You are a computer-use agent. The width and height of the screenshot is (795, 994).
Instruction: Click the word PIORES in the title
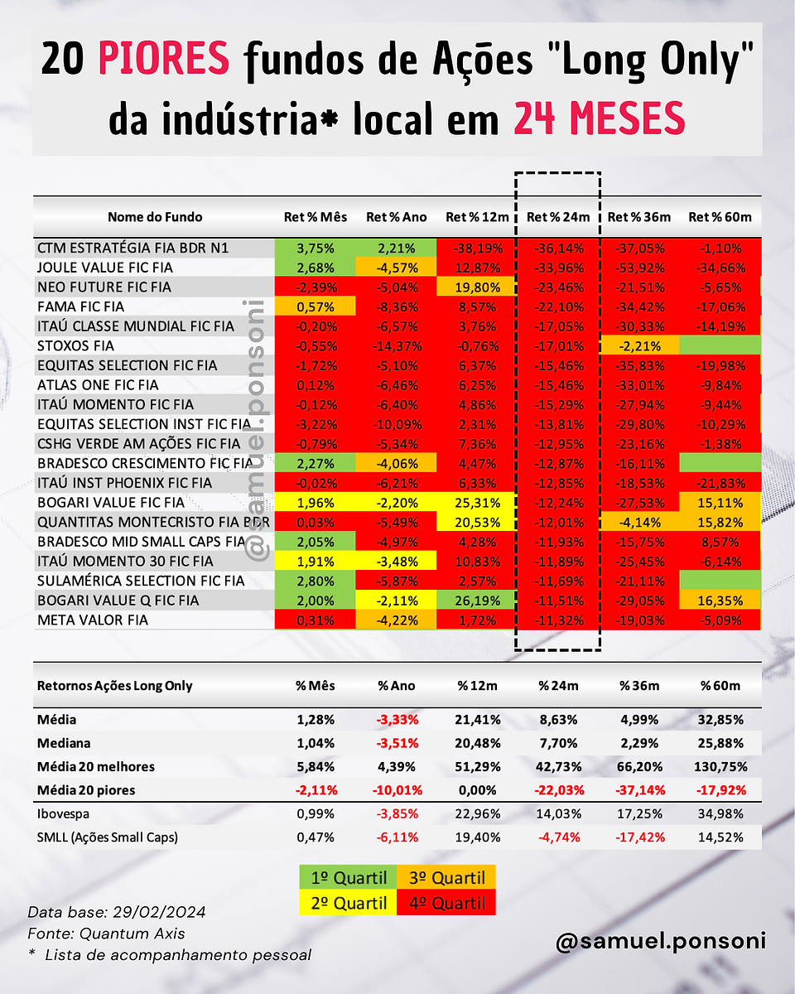click(x=163, y=59)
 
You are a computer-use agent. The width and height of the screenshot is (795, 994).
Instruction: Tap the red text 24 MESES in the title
click(x=599, y=118)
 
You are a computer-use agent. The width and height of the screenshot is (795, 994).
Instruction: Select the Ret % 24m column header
click(x=558, y=217)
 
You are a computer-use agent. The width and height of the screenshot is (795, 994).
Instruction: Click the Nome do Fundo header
click(x=155, y=217)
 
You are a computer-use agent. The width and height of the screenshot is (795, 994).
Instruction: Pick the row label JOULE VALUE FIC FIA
click(x=105, y=268)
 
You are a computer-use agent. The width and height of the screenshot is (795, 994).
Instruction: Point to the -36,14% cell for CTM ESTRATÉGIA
click(x=559, y=248)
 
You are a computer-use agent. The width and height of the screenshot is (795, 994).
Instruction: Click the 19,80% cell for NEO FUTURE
click(x=477, y=287)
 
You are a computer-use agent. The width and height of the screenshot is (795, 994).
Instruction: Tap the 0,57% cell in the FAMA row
click(x=315, y=306)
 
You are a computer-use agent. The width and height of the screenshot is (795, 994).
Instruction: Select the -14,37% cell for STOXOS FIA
click(x=397, y=346)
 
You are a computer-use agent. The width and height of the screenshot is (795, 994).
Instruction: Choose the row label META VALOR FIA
click(x=93, y=620)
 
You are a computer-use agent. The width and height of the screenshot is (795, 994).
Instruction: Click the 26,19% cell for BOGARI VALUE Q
click(x=477, y=601)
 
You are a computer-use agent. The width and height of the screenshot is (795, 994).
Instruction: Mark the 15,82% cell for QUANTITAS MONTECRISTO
click(x=720, y=523)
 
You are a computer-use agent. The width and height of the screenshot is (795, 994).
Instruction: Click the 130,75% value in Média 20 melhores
click(x=720, y=767)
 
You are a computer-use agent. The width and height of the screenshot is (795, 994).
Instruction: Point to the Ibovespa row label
click(x=63, y=814)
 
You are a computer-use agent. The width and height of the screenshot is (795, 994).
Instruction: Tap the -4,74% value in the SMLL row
click(x=559, y=837)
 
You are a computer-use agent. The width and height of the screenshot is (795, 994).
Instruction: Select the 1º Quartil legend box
click(x=348, y=877)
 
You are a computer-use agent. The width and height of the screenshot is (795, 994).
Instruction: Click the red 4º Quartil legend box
click(x=446, y=903)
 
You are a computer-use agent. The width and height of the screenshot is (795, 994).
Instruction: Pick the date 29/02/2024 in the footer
click(x=159, y=912)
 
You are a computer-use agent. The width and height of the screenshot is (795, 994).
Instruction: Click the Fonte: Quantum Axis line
click(x=106, y=934)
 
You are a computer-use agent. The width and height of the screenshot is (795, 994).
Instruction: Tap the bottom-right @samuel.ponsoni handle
click(x=661, y=940)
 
